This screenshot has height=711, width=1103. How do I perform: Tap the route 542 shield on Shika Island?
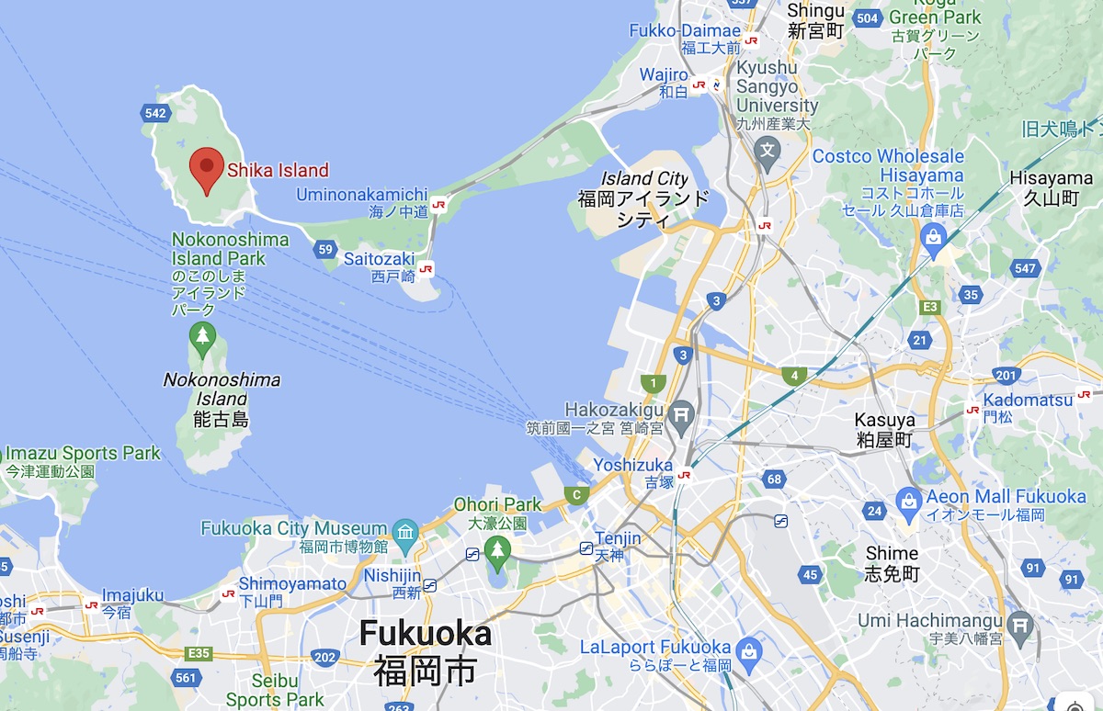point(156,113)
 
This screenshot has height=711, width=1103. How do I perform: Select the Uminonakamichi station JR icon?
point(438,204)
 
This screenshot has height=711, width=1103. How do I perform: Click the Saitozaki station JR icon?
point(425,268)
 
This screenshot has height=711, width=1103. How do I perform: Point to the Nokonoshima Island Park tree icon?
point(202,338)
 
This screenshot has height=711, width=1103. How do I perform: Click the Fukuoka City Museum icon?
point(404,531)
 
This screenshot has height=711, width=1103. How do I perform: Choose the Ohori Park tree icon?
point(497,552)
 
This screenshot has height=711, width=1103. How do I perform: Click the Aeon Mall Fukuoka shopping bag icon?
point(909,501)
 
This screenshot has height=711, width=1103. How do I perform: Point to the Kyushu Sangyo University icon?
point(767,148)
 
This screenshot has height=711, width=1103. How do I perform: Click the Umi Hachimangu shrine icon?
point(1020,625)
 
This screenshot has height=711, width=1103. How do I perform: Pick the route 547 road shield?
point(1026,268)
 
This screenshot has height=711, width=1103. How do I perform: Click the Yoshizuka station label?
point(632,466)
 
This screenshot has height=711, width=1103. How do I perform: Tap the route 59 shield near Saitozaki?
point(324,249)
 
